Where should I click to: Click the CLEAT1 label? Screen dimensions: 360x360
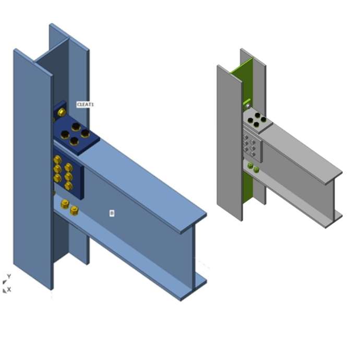(x=85, y=104)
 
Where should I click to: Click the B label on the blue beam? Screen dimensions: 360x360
(x=112, y=213)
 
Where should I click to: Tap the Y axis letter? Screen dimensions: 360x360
(x=9, y=276)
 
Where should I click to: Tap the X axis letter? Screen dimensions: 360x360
(x=9, y=289)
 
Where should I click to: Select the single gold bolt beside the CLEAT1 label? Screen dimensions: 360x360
(x=62, y=112)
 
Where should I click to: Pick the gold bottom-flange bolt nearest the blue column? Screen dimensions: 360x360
(x=65, y=203)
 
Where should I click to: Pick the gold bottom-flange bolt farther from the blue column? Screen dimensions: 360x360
(x=74, y=210)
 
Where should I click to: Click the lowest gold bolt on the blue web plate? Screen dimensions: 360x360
(x=68, y=186)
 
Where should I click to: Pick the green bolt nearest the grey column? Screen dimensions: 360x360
(x=250, y=166)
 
